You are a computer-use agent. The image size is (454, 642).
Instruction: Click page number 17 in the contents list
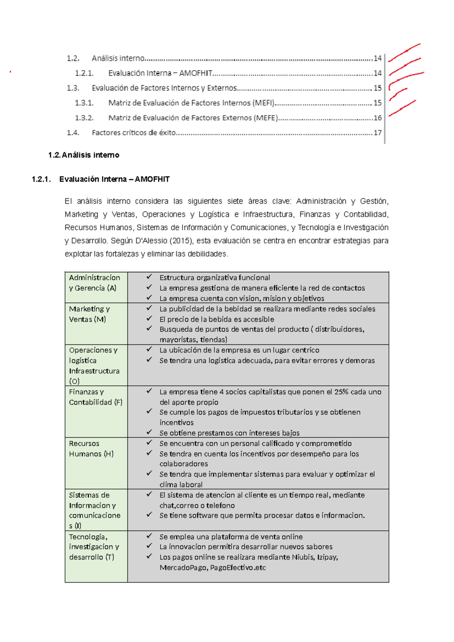(x=377, y=133)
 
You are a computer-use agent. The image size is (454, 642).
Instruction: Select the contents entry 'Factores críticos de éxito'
(x=134, y=133)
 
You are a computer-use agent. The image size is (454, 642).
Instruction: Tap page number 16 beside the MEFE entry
(x=377, y=118)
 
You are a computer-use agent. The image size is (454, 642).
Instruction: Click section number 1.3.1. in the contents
(x=84, y=103)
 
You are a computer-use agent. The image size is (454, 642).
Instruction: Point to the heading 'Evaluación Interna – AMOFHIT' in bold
(x=114, y=179)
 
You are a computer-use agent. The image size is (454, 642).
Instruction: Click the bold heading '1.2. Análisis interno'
(x=84, y=155)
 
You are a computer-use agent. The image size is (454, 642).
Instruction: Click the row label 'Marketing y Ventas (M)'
(x=89, y=314)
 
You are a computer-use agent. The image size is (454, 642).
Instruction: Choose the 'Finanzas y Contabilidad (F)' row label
(x=95, y=397)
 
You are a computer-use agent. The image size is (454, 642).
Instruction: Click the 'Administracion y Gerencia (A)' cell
(x=94, y=283)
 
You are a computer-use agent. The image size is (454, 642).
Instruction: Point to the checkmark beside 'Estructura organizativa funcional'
(x=149, y=277)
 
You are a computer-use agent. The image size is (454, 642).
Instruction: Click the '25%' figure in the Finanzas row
(x=341, y=392)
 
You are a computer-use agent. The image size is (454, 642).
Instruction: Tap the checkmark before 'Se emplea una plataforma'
(x=149, y=536)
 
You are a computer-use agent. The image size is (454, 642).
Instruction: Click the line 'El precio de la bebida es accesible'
(x=216, y=319)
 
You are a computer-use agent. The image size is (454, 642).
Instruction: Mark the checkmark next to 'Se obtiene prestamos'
(x=149, y=432)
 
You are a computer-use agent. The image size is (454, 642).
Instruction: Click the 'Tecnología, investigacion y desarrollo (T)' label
(x=94, y=547)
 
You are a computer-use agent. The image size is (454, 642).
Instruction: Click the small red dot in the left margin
(x=10, y=72)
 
